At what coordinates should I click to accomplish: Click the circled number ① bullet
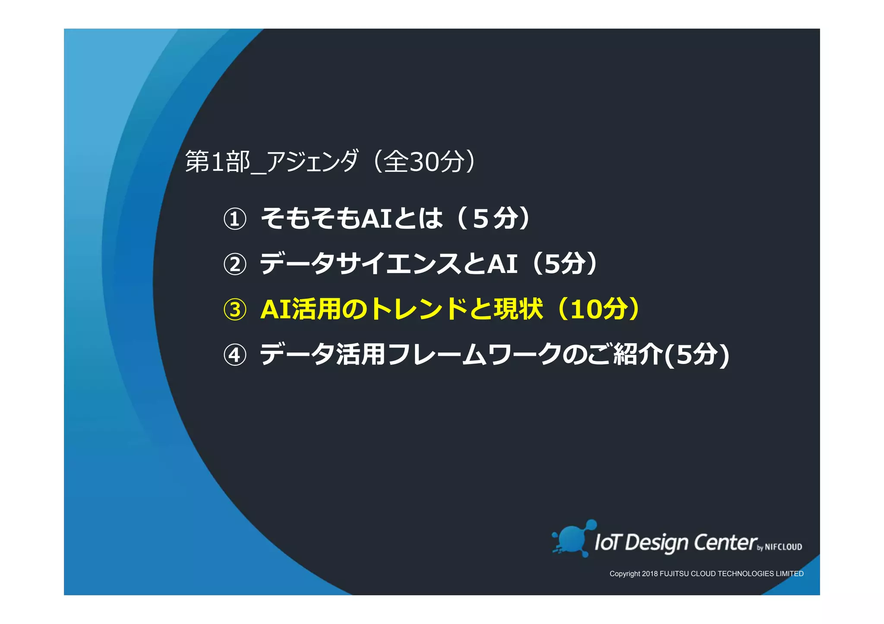[x=235, y=219]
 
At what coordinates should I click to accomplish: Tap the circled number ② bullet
[x=235, y=264]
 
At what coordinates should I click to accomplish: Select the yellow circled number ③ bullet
[x=235, y=310]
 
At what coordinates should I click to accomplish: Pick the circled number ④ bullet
[x=235, y=355]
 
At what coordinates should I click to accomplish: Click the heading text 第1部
[x=218, y=162]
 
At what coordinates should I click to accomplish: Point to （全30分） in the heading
[x=424, y=162]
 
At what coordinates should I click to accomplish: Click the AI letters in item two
[x=502, y=263]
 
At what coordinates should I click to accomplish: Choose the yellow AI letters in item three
[x=276, y=309]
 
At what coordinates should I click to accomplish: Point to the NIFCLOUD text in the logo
[x=783, y=547]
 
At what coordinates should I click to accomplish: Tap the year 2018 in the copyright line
[x=650, y=574]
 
